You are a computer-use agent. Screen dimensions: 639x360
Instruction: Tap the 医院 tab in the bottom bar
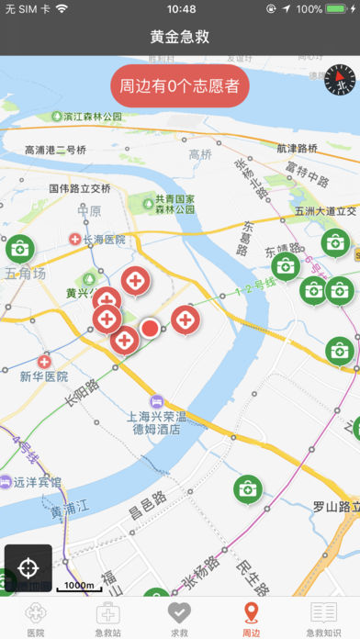click(36, 620)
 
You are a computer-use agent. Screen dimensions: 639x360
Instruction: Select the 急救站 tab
click(107, 620)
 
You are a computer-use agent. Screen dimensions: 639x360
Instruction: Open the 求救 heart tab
click(180, 620)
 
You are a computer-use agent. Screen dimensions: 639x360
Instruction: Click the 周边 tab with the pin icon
click(251, 620)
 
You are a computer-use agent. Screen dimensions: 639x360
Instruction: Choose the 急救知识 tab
click(323, 620)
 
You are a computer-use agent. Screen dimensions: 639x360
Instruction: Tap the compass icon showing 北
click(339, 80)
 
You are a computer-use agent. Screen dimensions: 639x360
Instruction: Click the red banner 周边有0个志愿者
click(180, 85)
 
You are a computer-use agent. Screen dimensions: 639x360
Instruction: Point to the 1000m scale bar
click(78, 586)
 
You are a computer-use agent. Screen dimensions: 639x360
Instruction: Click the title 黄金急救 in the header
click(180, 37)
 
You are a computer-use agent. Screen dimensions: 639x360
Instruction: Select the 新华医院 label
click(43, 376)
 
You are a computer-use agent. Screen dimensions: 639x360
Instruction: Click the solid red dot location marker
click(150, 328)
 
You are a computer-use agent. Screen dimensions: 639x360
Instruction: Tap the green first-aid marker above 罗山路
click(247, 489)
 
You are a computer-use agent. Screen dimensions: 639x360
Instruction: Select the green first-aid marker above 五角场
click(19, 248)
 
